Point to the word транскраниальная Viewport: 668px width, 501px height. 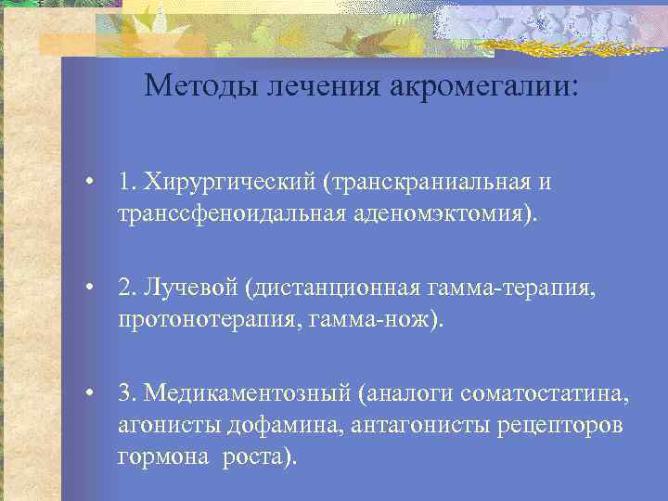pyautogui.click(x=425, y=182)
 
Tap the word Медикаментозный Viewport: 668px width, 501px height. pyautogui.click(x=246, y=395)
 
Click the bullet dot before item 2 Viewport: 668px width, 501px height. pyautogui.click(x=89, y=289)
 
